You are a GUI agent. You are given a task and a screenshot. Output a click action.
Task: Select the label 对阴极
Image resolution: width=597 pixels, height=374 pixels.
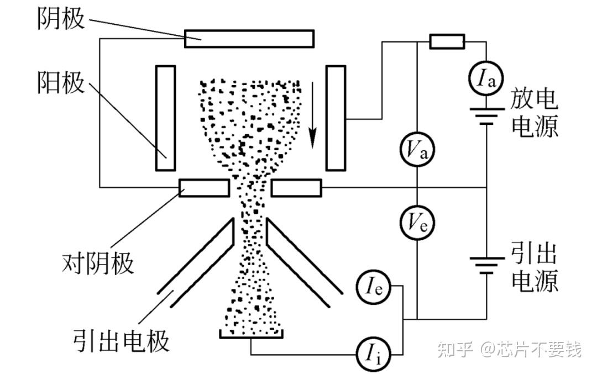tap(98, 263)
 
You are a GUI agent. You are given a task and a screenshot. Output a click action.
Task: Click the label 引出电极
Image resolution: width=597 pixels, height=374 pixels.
tap(121, 341)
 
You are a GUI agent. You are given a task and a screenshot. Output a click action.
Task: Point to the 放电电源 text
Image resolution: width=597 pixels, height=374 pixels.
tap(535, 113)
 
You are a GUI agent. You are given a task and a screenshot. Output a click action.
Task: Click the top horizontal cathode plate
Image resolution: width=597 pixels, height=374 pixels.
tap(249, 39)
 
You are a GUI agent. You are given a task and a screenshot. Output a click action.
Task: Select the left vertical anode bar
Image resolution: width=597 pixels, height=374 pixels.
tap(165, 118)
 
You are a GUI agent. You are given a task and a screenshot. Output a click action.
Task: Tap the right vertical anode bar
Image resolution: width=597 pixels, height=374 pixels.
tap(336, 118)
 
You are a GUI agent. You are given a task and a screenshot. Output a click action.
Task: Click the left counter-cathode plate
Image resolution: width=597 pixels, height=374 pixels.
tap(204, 188)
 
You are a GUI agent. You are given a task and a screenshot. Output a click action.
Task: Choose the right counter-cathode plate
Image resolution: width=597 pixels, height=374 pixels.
tap(296, 188)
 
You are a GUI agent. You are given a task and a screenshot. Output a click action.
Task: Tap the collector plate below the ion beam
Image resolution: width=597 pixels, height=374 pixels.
tap(252, 334)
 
